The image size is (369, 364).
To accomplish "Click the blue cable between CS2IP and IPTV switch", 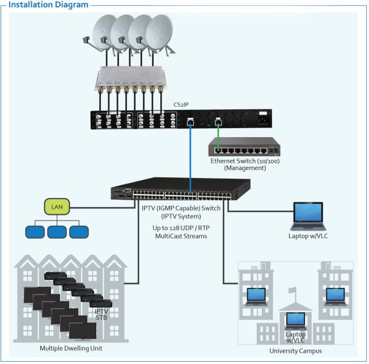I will point(190,153).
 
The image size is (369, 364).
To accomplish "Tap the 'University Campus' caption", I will point(296,352).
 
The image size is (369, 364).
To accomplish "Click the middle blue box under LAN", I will point(57,231).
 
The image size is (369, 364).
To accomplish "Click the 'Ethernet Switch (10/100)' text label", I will point(245,162).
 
